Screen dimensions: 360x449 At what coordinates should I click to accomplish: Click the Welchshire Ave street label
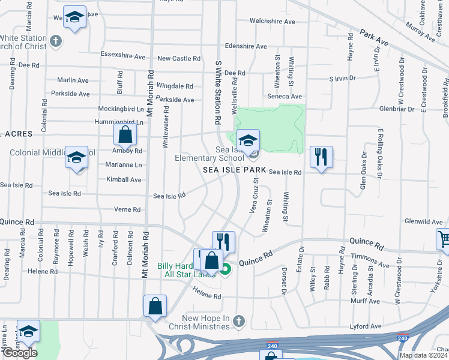[273, 22]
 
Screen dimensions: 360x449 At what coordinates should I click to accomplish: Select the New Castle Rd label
[179, 59]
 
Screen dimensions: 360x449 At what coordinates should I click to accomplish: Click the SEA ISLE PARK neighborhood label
[234, 170]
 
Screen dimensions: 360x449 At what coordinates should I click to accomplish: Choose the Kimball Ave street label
[124, 179]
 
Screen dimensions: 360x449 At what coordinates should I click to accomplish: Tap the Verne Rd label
[127, 209]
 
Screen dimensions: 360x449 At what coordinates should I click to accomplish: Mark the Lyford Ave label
[366, 326]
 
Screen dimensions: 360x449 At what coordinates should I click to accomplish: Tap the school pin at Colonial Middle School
[76, 158]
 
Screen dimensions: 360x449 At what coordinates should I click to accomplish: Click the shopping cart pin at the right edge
[443, 239]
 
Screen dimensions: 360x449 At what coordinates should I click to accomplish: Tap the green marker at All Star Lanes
[226, 270]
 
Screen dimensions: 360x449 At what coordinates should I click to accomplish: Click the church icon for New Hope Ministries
[239, 322]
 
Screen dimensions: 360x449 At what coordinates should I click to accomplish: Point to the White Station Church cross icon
[56, 41]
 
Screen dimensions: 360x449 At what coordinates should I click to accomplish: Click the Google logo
[20, 353]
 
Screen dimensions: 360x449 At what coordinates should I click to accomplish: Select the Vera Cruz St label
[254, 196]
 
